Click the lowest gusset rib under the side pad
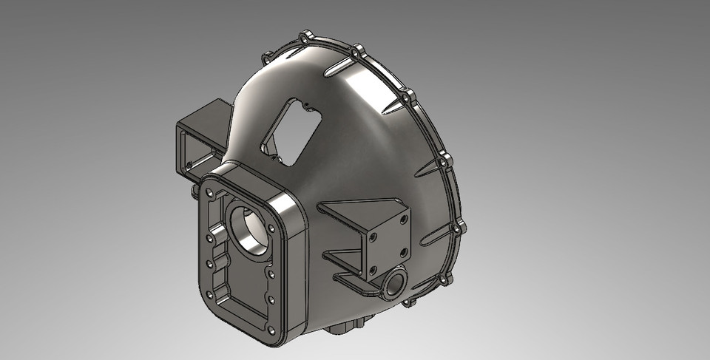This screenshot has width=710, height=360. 351,280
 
